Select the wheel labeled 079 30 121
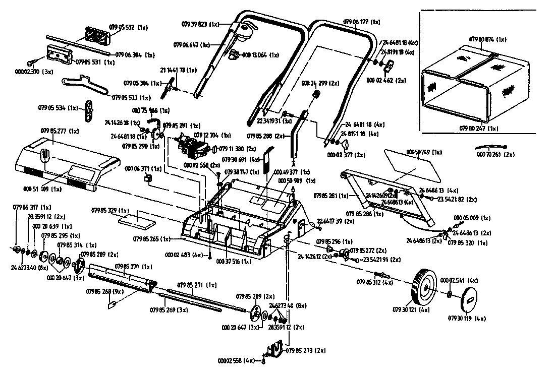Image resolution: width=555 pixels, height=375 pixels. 423,287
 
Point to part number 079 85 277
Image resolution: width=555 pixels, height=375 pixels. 60,131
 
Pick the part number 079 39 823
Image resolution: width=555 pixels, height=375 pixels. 199,24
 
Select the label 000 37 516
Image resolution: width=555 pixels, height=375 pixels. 234,262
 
